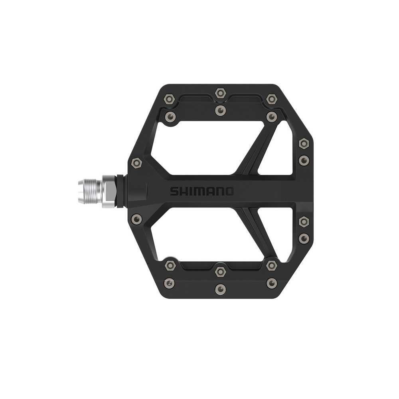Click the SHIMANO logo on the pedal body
pyautogui.click(x=201, y=192)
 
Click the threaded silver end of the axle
pyautogui.click(x=90, y=192)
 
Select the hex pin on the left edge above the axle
pyautogui.click(x=136, y=163)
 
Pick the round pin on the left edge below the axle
pyautogui.click(x=136, y=218)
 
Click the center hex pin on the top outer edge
pyautogui.click(x=220, y=93)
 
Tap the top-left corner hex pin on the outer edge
pyautogui.click(x=170, y=99)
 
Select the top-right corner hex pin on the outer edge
pyautogui.click(x=271, y=99)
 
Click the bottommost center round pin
pyautogui.click(x=220, y=289)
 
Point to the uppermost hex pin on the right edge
pyautogui.click(x=304, y=144)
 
